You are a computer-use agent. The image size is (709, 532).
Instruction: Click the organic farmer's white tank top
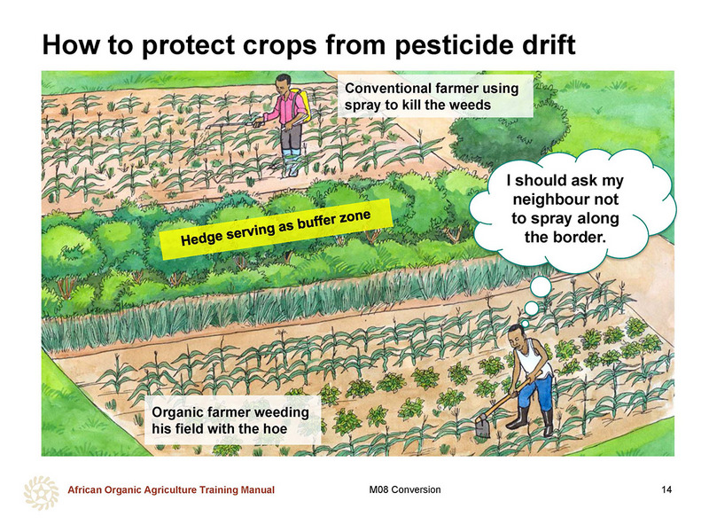click(x=534, y=361)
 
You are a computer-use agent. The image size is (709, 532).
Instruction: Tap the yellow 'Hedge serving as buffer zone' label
click(x=276, y=229)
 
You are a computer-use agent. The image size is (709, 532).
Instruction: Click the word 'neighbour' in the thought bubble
click(x=565, y=199)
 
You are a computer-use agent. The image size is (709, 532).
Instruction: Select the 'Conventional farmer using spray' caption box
click(x=435, y=97)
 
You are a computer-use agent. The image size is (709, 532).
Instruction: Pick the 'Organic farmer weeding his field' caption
click(x=233, y=419)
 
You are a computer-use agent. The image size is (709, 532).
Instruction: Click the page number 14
click(x=666, y=489)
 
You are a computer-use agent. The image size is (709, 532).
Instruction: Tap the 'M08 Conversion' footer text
click(x=405, y=489)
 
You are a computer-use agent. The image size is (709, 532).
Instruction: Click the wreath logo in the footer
click(x=41, y=493)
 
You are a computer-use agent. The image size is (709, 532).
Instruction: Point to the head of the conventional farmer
click(x=283, y=83)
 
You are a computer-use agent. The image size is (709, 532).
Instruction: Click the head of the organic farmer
click(x=516, y=336)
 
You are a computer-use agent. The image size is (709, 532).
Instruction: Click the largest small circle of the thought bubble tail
click(x=541, y=286)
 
